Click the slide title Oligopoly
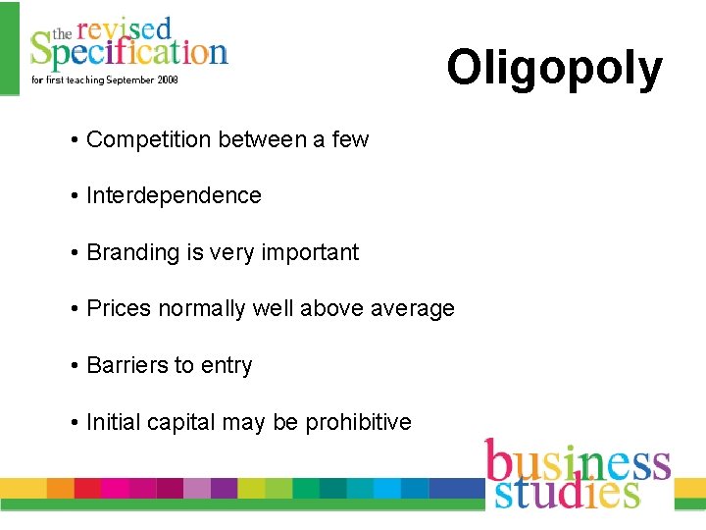click(x=554, y=69)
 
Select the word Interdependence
click(x=174, y=195)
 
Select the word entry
click(x=227, y=365)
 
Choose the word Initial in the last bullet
click(x=113, y=422)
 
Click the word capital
click(x=181, y=422)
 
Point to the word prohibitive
click(x=358, y=422)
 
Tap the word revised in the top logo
click(x=124, y=29)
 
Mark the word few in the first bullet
click(x=350, y=139)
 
